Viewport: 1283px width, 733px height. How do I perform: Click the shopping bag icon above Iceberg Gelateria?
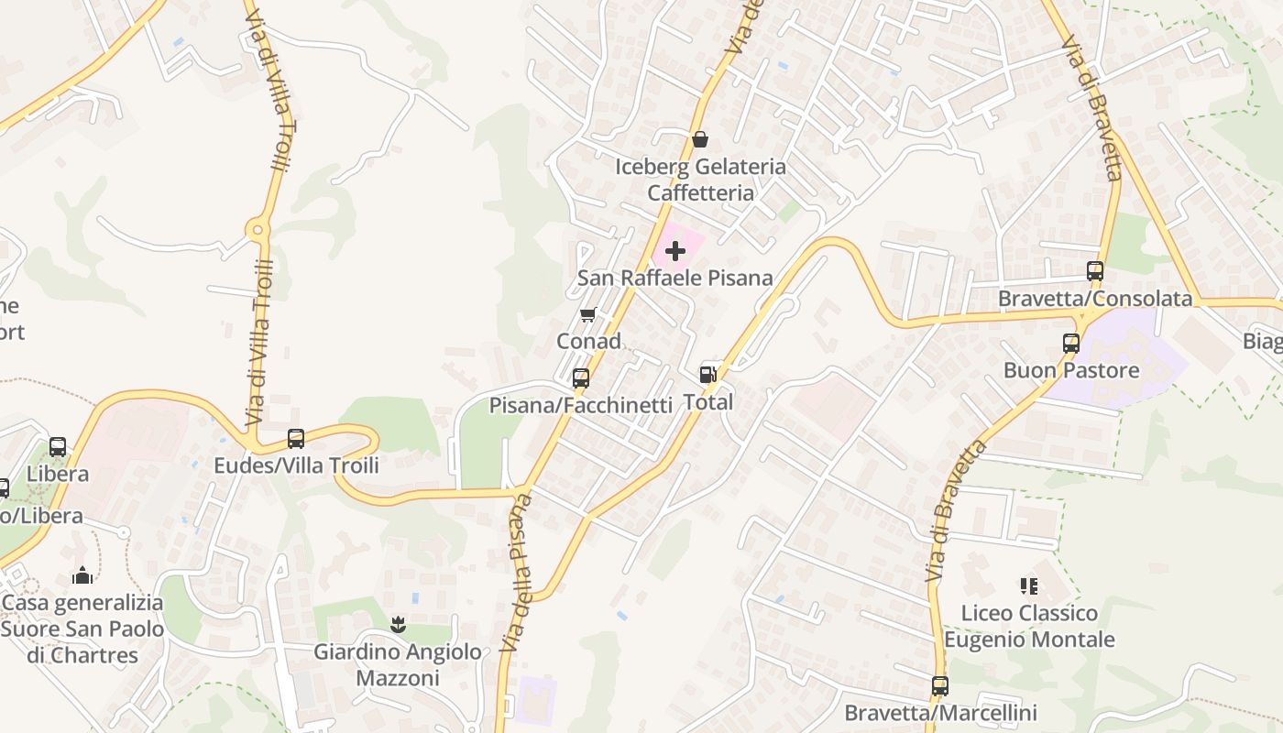[x=700, y=139]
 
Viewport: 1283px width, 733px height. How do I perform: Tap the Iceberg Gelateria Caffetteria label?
[x=700, y=180]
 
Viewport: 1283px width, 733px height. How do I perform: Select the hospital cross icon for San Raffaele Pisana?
[x=675, y=251]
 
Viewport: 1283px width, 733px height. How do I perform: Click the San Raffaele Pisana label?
[x=675, y=278]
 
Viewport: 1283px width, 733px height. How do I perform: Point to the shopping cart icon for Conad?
[x=588, y=315]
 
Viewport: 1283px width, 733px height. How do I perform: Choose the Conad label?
[x=588, y=341]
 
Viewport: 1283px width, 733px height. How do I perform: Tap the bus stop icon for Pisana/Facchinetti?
[x=580, y=377]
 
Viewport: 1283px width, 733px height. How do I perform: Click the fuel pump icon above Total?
[x=707, y=374]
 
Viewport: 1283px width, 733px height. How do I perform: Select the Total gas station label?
[x=708, y=401]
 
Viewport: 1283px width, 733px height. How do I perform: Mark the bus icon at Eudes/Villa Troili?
[x=295, y=439]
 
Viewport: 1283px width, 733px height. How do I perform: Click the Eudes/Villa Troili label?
[x=296, y=465]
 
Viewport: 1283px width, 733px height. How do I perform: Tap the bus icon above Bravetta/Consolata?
[x=1095, y=271]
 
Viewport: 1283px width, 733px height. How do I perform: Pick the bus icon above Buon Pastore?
[x=1070, y=344]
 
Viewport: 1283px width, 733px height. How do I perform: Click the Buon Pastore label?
[x=1071, y=370]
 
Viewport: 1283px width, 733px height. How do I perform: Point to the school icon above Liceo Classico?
[x=1028, y=585]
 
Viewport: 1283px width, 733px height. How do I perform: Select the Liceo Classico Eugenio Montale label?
[x=1029, y=626]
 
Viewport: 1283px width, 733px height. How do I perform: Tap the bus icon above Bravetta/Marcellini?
[x=939, y=685]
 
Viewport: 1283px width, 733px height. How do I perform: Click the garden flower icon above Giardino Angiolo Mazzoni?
[x=398, y=625]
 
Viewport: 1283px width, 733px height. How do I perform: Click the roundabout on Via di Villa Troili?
[x=258, y=229]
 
